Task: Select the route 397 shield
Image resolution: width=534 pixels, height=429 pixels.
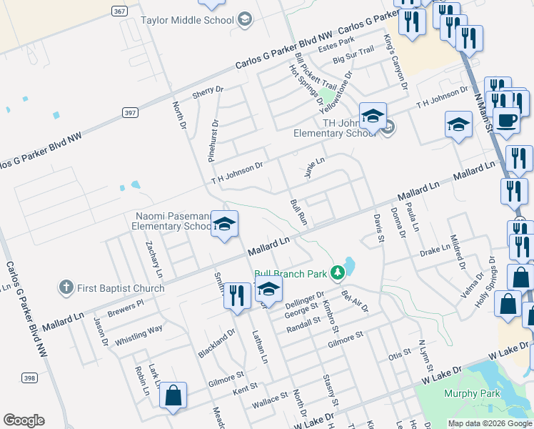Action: coord(129,112)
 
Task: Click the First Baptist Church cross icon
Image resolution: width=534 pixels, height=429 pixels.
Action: coord(66,287)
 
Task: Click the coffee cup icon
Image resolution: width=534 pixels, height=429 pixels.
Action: coord(506,120)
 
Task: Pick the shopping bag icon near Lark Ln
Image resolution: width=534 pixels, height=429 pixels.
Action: coord(173,395)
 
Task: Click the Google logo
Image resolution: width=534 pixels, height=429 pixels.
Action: coord(24,420)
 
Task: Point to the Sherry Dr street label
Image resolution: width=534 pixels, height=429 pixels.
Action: coord(208,92)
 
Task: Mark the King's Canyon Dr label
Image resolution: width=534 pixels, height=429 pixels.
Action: coord(395,62)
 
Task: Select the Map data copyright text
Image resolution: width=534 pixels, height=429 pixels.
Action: coord(489,423)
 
